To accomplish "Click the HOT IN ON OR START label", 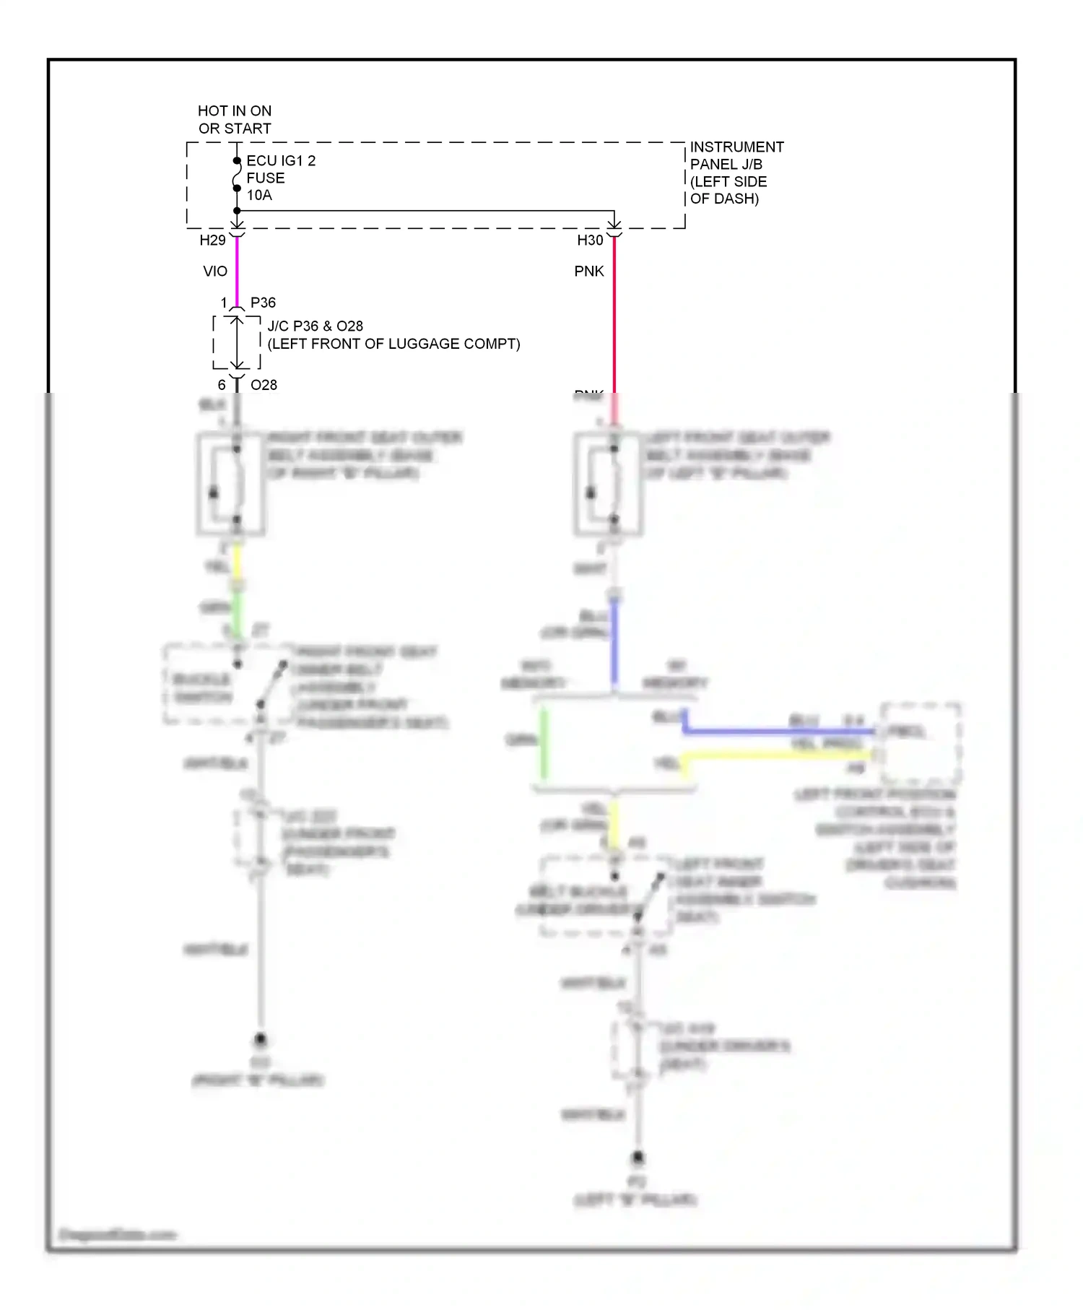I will click(235, 120).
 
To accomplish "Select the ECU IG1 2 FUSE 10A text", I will click(280, 178).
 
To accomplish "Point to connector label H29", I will click(212, 240).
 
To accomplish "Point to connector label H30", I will click(590, 240).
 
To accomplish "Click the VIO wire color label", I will click(215, 272).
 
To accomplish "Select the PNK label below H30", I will click(589, 272).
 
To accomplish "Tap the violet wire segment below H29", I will click(237, 271).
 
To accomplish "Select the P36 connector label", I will click(263, 303).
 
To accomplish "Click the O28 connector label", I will click(264, 385).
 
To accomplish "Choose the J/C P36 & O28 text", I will click(316, 326).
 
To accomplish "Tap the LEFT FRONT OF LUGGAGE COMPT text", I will click(393, 344).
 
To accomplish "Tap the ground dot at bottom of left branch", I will click(260, 1039).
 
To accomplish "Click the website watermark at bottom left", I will click(118, 1234).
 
